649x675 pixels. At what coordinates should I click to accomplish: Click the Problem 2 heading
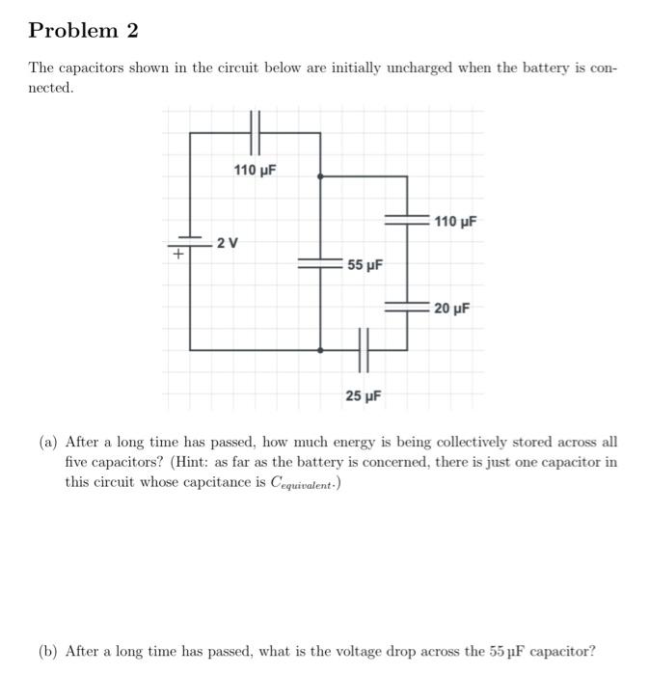[x=84, y=31]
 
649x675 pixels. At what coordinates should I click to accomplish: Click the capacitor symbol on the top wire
[x=256, y=132]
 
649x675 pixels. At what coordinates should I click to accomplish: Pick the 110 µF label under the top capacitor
[x=256, y=171]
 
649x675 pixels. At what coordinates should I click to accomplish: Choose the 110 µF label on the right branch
[x=456, y=222]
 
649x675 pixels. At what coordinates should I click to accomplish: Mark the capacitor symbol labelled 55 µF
[x=319, y=263]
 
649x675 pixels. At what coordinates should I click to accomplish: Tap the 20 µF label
[x=451, y=309]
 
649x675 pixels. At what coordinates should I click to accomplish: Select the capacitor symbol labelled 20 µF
[x=407, y=307]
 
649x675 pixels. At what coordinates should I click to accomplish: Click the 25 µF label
[x=364, y=395]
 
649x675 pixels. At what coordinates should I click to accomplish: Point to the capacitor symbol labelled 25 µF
[x=364, y=349]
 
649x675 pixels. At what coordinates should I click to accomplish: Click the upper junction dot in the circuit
[x=320, y=176]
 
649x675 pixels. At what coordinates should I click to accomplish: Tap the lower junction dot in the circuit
[x=320, y=349]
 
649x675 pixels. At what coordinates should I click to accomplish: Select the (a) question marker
[x=49, y=443]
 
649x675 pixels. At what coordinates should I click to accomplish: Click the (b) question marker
[x=49, y=651]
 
